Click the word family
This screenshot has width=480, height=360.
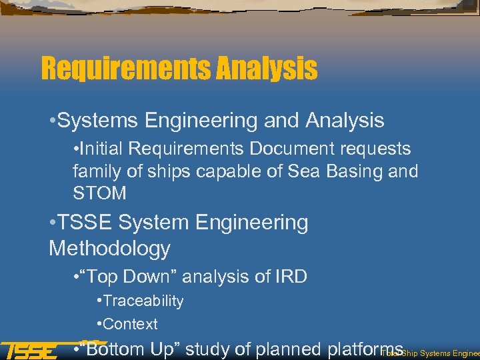pos(93,171)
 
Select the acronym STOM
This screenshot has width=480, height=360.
pos(99,193)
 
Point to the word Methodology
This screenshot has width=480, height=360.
pos(109,249)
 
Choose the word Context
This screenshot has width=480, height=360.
pos(131,324)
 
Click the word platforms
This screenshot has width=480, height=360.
pos(364,349)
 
